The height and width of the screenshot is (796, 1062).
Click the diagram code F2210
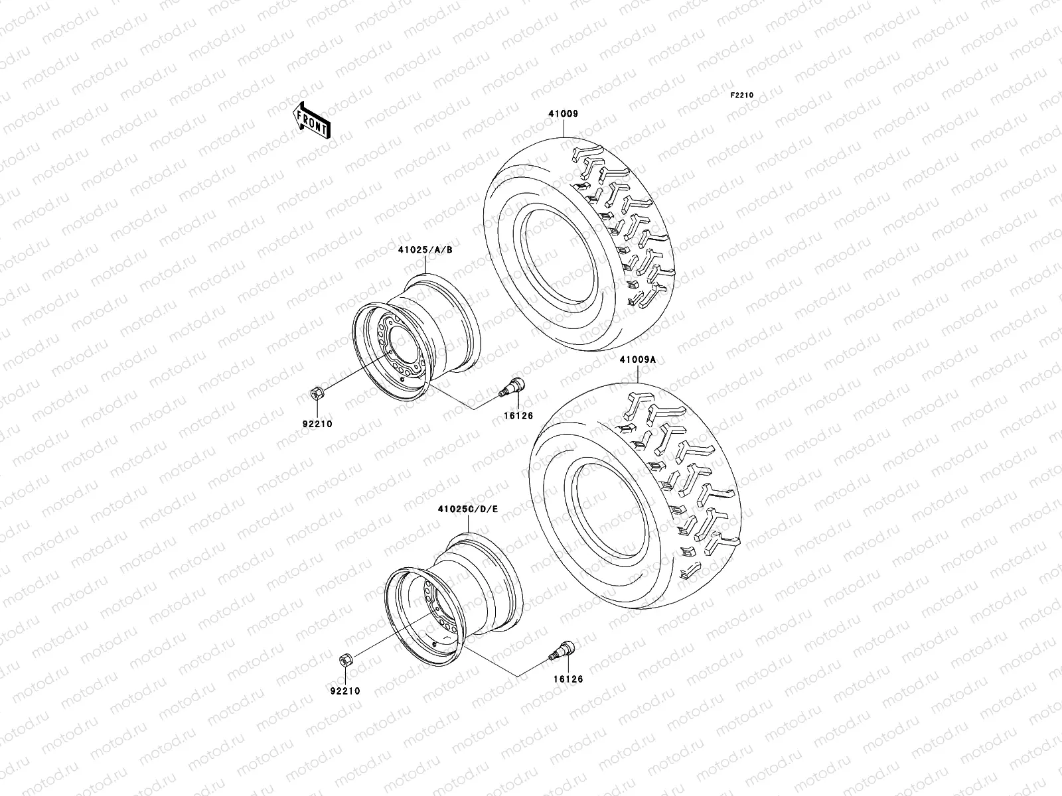click(x=743, y=96)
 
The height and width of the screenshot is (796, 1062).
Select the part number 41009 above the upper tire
click(x=562, y=113)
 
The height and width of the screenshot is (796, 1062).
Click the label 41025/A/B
click(x=425, y=250)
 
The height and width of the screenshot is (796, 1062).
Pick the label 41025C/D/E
click(x=467, y=509)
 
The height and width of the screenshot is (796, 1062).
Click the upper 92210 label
click(x=318, y=424)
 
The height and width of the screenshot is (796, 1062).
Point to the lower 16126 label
click(x=562, y=679)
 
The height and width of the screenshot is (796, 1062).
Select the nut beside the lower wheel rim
click(x=346, y=659)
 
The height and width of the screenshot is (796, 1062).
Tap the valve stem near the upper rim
click(x=512, y=387)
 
